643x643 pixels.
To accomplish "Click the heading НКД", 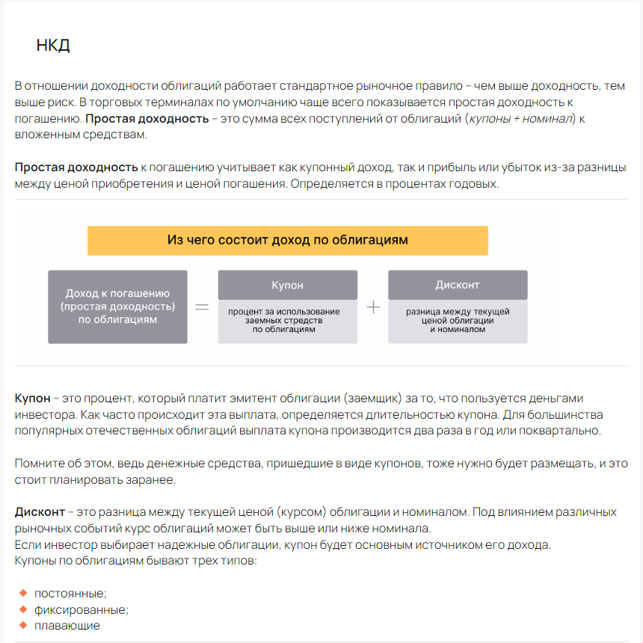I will [53, 46].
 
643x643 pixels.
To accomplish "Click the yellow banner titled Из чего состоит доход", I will [287, 241].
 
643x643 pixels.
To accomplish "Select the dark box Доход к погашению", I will [117, 307].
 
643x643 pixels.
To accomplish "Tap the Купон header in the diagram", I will [287, 285].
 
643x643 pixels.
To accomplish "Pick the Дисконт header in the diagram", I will [458, 285].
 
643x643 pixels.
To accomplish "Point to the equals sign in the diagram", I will [202, 307].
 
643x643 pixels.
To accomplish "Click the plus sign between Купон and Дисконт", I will [373, 307].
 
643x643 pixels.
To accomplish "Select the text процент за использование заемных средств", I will [287, 320].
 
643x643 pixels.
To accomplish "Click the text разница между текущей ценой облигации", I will [458, 320].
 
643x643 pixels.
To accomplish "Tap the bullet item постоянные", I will [70, 594].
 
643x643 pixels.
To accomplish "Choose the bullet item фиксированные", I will [81, 609].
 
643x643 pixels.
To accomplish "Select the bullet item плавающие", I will [67, 626].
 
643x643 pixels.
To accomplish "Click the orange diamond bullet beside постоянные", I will [22, 593].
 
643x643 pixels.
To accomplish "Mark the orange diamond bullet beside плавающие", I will [22, 625].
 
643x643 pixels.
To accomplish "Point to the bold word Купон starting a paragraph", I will [33, 398].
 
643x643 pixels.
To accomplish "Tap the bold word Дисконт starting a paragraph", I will [40, 512].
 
